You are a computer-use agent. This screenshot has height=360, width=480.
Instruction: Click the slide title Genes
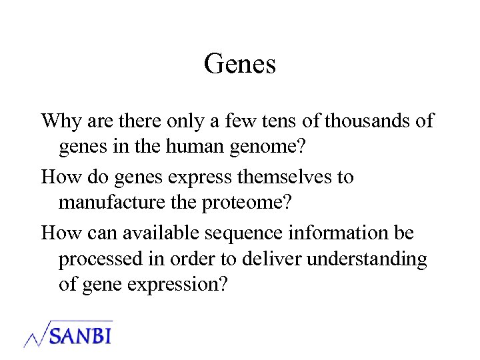pyautogui.click(x=239, y=65)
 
